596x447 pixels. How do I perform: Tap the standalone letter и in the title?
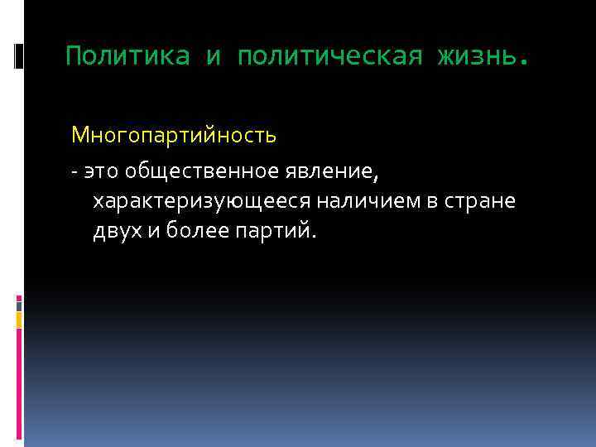pyautogui.click(x=213, y=56)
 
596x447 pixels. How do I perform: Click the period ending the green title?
pyautogui.click(x=521, y=62)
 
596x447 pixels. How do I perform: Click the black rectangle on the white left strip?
pyautogui.click(x=19, y=56)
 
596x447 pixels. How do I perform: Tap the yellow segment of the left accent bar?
pyautogui.click(x=19, y=319)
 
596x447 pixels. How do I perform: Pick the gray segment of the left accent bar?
pyautogui.click(x=19, y=305)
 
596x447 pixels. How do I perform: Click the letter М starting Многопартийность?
pyautogui.click(x=80, y=133)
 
